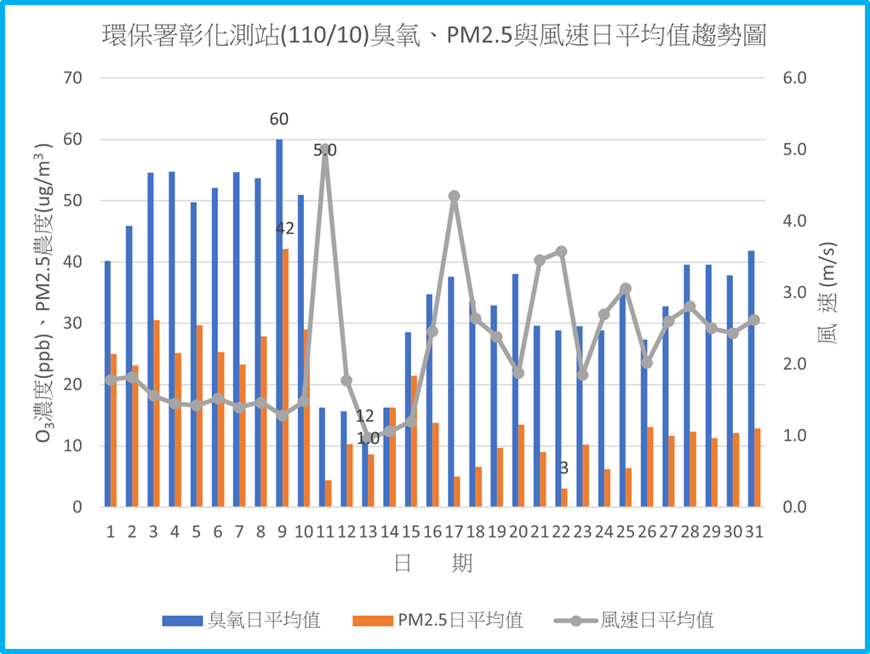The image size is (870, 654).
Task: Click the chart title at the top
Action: coord(434,36)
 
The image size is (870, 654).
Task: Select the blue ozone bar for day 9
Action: coord(279,324)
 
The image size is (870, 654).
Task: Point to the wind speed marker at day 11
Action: coord(325,149)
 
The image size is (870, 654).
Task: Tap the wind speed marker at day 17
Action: coord(454,196)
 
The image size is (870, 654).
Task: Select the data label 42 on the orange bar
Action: coord(285,228)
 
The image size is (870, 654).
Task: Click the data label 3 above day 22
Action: coord(564,468)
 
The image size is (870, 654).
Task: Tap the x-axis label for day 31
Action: coord(753,532)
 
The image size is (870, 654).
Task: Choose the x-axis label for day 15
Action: coord(410,532)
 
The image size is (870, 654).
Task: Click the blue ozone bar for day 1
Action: coord(107,383)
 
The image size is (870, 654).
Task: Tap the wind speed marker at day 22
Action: coord(561,251)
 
